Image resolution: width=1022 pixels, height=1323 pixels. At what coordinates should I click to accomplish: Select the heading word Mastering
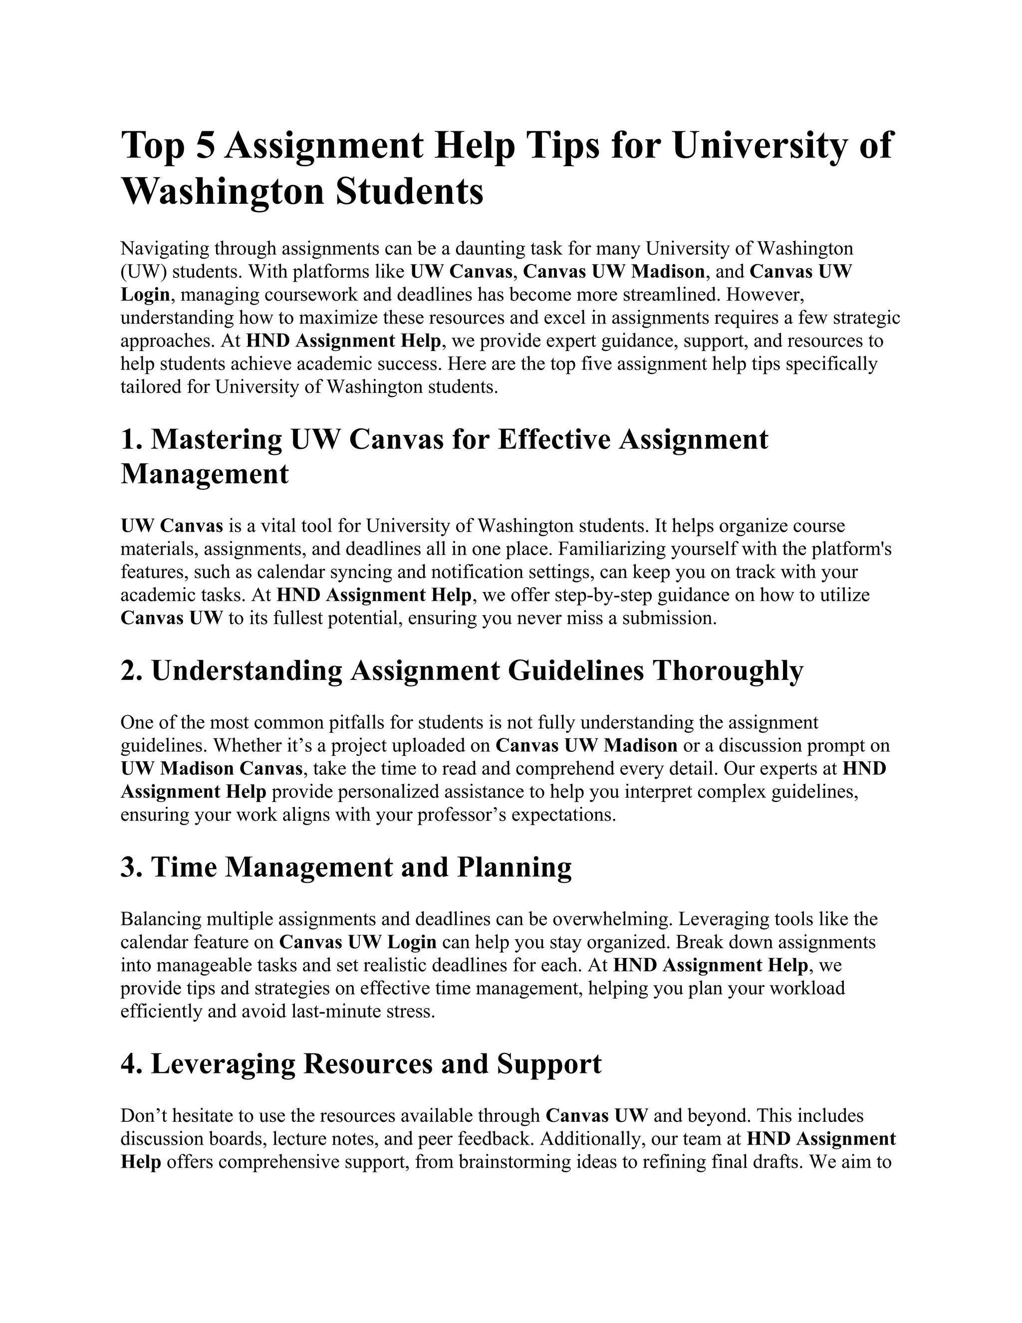(x=216, y=439)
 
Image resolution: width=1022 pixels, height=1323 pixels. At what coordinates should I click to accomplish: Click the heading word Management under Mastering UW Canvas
(x=205, y=474)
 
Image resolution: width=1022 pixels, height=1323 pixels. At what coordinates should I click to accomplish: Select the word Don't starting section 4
(x=145, y=1116)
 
